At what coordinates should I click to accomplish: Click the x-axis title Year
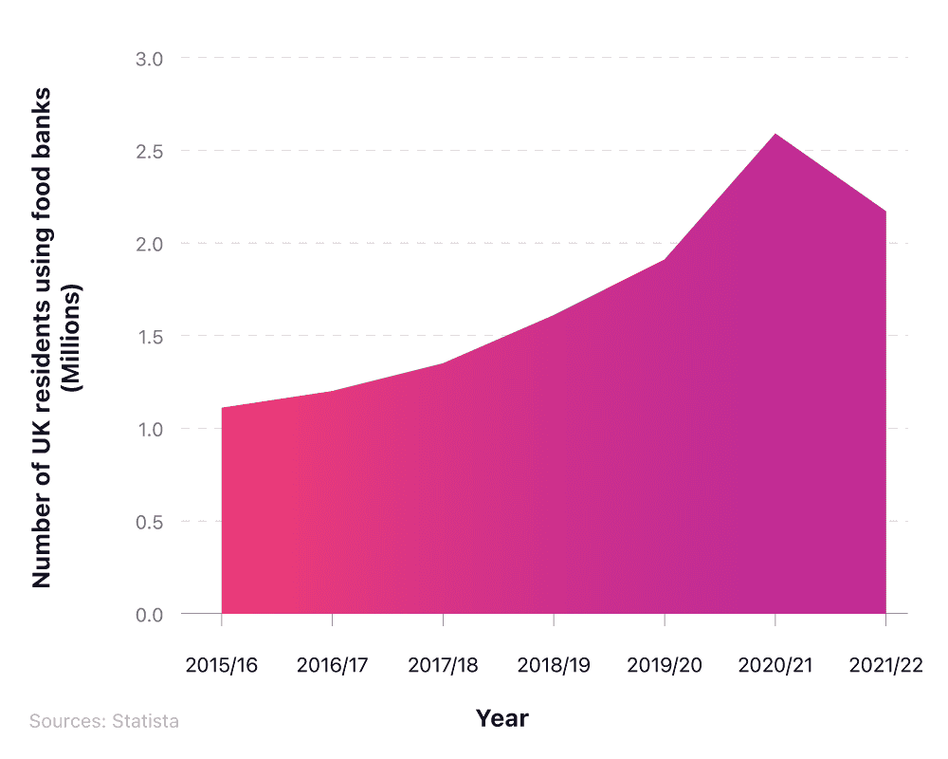[x=501, y=718]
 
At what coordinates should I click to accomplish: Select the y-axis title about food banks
[x=57, y=337]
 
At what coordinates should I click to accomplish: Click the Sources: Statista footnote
[x=103, y=721]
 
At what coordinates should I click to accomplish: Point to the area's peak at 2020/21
[x=775, y=134]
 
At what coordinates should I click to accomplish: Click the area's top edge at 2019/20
[x=665, y=260]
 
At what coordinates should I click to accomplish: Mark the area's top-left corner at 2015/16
[x=222, y=408]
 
